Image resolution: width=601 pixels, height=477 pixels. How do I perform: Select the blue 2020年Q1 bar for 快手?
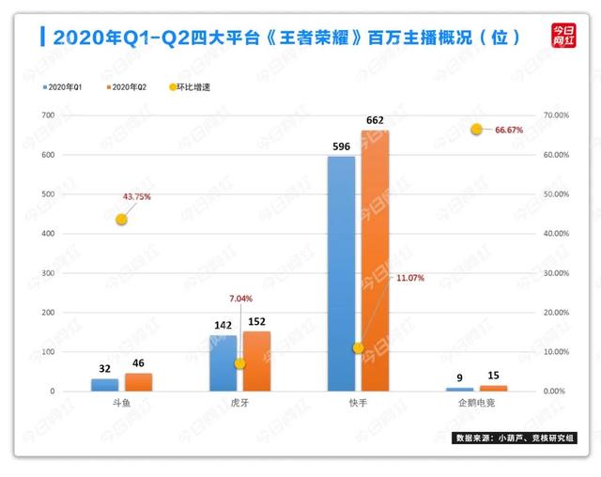coord(342,273)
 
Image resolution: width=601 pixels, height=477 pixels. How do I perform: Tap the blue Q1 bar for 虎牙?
coord(223,362)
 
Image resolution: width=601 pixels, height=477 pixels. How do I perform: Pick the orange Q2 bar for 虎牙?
coord(255,361)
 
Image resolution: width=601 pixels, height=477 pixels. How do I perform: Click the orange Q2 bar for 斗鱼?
coord(138,381)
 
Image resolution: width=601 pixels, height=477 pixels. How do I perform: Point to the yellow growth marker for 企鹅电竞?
coord(476,129)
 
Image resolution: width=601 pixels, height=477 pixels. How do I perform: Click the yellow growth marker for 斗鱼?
coord(121,219)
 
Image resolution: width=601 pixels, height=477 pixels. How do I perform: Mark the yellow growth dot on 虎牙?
coord(239,363)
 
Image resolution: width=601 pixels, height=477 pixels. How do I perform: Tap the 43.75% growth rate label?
coord(136,196)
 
